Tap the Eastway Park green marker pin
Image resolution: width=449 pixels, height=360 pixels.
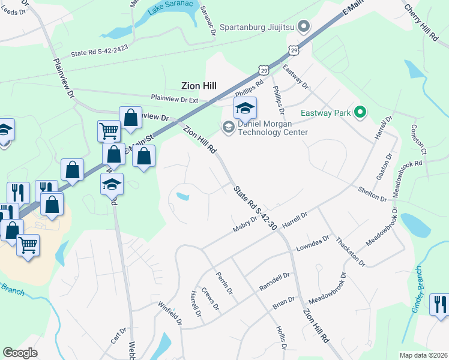[x=360, y=112]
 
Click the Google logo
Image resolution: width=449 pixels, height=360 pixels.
[x=20, y=353]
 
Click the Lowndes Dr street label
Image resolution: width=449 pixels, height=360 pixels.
[x=313, y=244]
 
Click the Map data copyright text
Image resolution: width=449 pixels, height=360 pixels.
[x=424, y=355]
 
